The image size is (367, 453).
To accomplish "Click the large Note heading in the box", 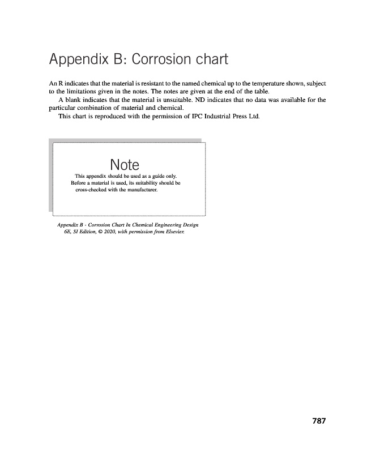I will [x=125, y=165].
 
